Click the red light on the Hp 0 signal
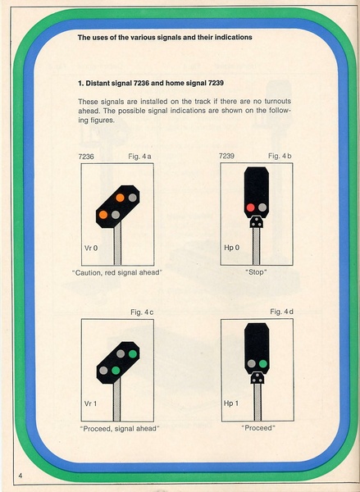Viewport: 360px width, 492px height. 250,207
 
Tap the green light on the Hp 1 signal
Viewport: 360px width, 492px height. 263,363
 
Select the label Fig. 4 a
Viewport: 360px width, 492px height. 139,157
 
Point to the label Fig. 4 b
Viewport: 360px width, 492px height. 280,156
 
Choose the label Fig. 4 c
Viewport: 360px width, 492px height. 142,312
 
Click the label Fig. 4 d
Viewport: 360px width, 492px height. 282,312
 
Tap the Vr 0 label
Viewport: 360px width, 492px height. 91,248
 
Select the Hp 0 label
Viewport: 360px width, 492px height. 231,248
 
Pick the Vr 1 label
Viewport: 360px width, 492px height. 91,403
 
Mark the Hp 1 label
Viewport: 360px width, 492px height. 231,403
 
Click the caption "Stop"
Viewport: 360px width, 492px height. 256,272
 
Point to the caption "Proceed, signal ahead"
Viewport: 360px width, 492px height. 120,428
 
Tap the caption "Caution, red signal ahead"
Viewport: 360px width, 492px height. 117,273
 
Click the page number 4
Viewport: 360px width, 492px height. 21,476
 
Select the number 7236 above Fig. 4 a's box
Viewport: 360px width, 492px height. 86,157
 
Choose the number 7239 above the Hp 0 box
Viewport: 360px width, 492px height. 226,156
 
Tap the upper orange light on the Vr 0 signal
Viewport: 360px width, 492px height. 120,198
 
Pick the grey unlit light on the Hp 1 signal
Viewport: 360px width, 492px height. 252,363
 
